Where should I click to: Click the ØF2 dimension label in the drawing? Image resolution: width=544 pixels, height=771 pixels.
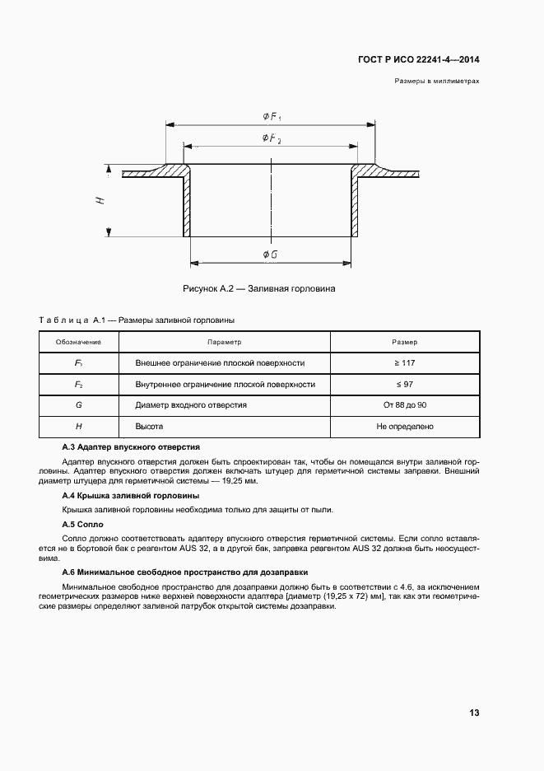tap(272, 138)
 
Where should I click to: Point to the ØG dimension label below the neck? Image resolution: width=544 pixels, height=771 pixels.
tap(270, 255)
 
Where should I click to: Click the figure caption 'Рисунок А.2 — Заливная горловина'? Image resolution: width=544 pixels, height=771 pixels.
tap(259, 288)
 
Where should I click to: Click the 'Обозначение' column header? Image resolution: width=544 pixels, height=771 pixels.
tap(78, 342)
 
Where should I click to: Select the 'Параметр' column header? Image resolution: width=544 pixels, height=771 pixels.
tap(224, 342)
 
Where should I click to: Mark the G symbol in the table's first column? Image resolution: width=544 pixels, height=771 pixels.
tap(78, 405)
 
